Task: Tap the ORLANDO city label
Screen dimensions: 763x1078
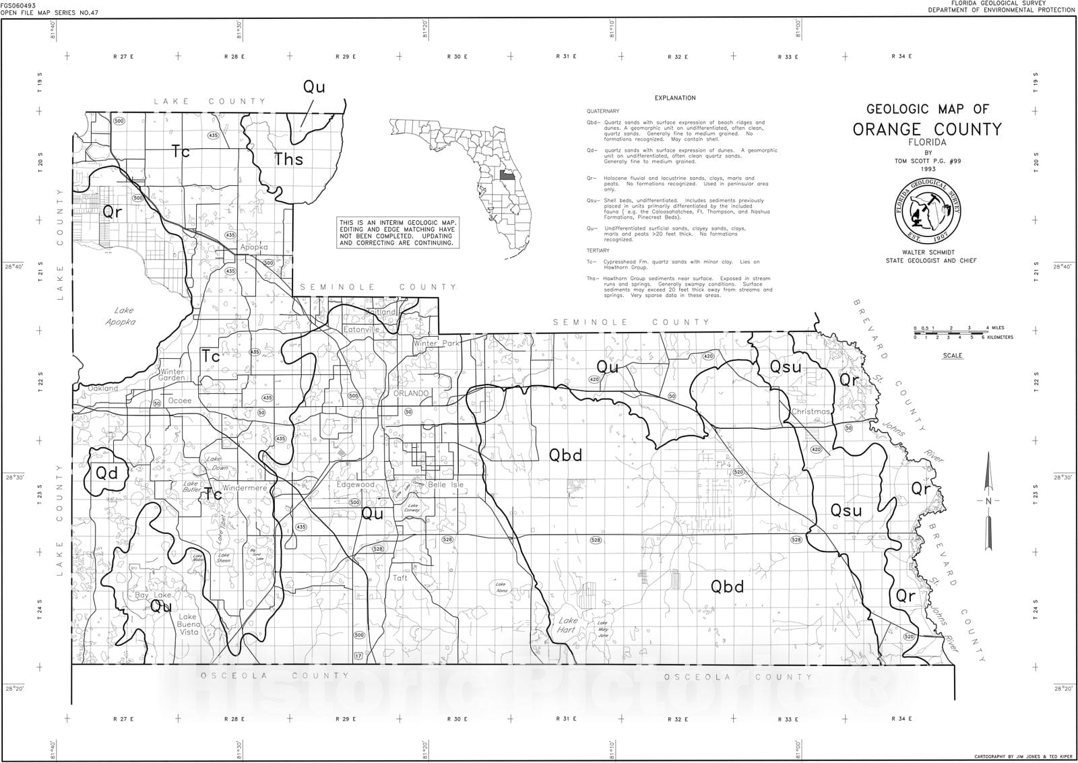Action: [x=411, y=393]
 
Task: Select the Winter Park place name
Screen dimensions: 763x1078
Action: [x=435, y=343]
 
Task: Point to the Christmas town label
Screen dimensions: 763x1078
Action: [x=811, y=411]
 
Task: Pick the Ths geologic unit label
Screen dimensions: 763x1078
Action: [x=288, y=160]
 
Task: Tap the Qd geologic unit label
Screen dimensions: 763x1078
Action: [x=106, y=473]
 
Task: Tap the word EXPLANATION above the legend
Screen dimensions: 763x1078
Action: [x=674, y=98]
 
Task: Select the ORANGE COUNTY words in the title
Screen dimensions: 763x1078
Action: [x=927, y=129]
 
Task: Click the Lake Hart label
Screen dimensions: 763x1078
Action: [x=567, y=625]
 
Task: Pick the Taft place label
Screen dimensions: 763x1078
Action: [x=400, y=578]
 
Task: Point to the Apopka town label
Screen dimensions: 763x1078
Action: [x=254, y=247]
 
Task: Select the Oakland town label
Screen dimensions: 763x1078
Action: [x=102, y=388]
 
